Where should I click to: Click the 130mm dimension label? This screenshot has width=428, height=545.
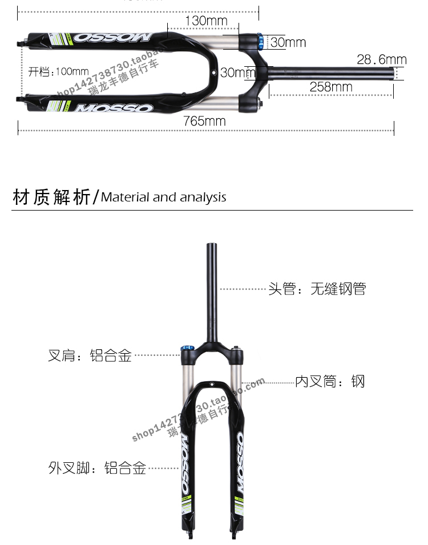click(x=206, y=21)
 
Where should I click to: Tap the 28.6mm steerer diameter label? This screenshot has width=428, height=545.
click(x=381, y=59)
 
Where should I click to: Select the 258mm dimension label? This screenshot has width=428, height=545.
click(x=331, y=87)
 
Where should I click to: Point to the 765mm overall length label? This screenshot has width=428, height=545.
click(x=204, y=121)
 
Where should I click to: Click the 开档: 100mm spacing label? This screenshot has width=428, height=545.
click(x=58, y=72)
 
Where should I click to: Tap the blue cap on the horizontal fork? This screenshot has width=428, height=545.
click(x=260, y=41)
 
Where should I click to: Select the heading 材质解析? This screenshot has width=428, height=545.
click(x=51, y=197)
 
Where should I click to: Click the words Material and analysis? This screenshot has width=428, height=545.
click(x=164, y=197)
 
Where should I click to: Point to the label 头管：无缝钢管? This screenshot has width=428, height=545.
click(x=317, y=289)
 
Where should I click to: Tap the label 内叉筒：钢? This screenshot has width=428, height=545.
click(x=329, y=381)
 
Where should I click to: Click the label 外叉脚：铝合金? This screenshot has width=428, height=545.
click(x=97, y=469)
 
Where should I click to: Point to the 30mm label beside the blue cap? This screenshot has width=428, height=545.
click(x=288, y=42)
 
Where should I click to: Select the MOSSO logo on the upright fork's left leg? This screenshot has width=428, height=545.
click(x=185, y=465)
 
